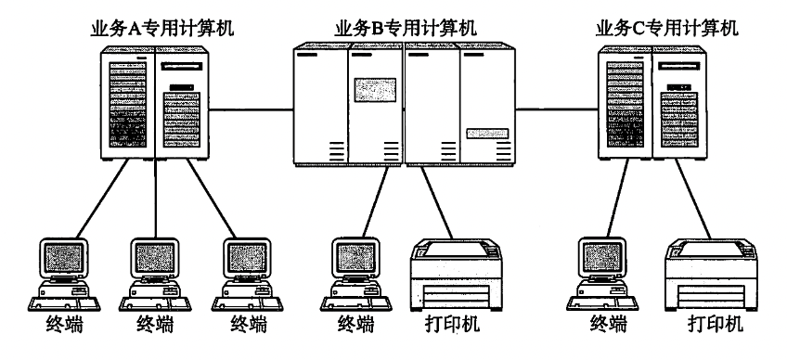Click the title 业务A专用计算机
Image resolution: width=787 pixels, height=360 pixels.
(161, 29)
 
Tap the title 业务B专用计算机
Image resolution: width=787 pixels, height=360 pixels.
(405, 29)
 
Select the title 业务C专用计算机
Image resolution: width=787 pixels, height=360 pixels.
(666, 29)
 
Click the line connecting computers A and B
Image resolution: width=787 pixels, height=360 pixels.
(251, 109)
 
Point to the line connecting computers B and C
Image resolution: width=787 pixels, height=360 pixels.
(557, 109)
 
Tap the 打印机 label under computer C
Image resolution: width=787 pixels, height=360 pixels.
(715, 324)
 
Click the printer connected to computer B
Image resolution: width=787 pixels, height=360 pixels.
(457, 275)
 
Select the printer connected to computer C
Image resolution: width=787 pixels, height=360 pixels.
(711, 275)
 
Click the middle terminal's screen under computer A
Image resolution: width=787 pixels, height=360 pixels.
(155, 257)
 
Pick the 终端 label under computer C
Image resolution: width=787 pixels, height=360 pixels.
(608, 324)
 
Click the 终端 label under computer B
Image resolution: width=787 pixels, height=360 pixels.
(355, 324)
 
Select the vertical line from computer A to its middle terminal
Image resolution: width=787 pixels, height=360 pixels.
(155, 199)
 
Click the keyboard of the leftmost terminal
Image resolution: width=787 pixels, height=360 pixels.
(64, 303)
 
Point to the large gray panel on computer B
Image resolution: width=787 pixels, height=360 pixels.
(375, 90)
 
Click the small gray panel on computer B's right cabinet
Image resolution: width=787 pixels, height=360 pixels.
(487, 133)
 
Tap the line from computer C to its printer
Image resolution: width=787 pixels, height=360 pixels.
(693, 199)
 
